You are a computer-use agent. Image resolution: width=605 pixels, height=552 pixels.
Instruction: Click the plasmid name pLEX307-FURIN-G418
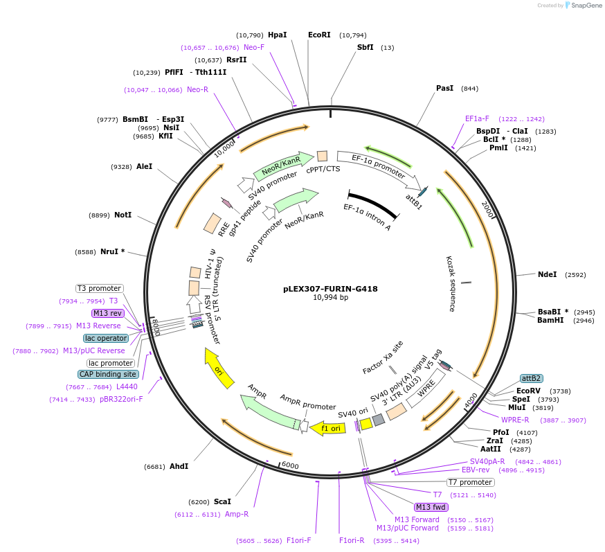330,289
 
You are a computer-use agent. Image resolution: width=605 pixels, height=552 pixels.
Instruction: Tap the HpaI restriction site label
277,35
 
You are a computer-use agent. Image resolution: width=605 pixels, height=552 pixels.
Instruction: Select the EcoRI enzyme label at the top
319,35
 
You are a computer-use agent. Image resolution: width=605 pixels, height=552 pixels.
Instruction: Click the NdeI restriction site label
547,274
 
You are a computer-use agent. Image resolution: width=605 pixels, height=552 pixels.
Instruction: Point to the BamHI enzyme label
550,321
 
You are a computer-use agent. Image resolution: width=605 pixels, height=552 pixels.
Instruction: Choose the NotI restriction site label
123,215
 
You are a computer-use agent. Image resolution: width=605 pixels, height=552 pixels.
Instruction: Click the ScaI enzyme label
222,501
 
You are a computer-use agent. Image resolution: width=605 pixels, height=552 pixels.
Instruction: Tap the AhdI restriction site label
179,466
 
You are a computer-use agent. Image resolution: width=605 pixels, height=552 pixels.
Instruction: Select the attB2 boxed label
531,378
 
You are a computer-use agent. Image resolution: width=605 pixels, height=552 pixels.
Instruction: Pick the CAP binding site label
108,374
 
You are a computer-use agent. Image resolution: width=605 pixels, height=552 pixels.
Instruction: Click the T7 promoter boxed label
471,482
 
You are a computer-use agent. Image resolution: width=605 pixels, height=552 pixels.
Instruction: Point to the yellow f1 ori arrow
327,428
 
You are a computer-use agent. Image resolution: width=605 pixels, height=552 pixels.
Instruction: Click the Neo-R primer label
197,90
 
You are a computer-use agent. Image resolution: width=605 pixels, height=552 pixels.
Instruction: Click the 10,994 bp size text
330,298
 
